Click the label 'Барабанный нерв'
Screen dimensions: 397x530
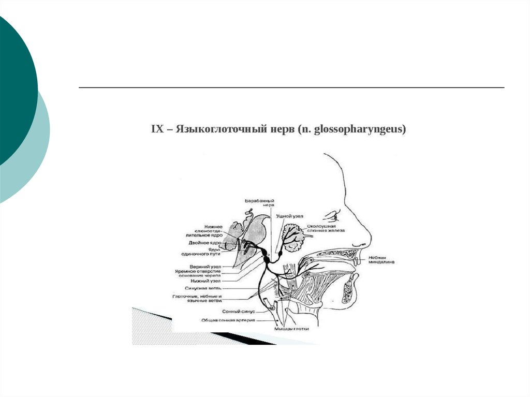pyautogui.click(x=259, y=202)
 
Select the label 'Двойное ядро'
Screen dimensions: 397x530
pyautogui.click(x=205, y=242)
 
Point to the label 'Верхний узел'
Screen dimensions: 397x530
pyautogui.click(x=205, y=266)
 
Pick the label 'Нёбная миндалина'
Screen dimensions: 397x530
pyautogui.click(x=381, y=260)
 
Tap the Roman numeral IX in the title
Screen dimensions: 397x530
pyautogui.click(x=157, y=129)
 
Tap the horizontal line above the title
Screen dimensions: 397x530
pyautogui.click(x=291, y=87)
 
